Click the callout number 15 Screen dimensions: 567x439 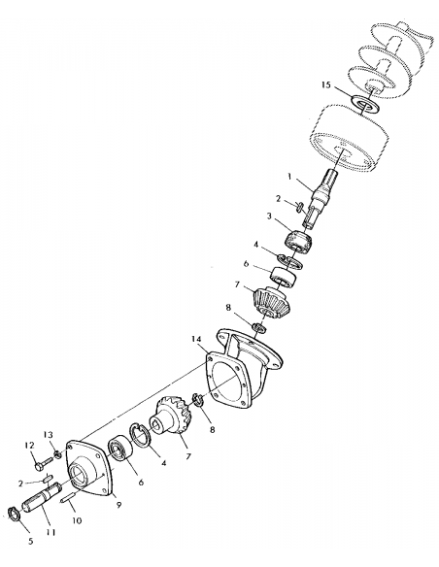pos(332,85)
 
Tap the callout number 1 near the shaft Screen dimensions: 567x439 pos(288,176)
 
